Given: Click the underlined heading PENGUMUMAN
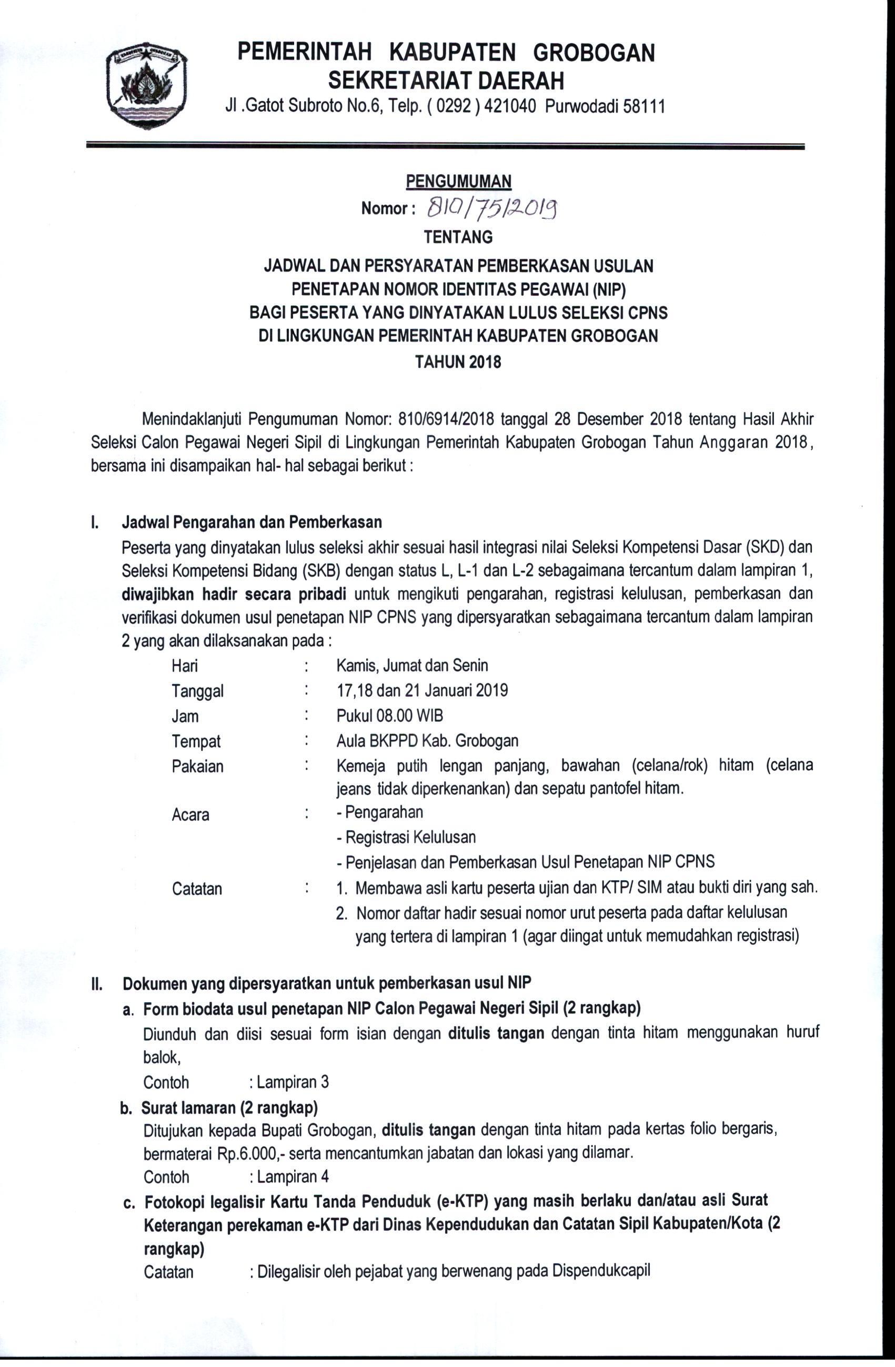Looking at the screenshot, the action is [x=458, y=182].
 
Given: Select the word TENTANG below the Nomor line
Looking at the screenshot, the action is [x=458, y=237].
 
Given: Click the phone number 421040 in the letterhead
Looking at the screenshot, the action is [x=511, y=107].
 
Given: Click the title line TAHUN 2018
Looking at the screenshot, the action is [x=458, y=362].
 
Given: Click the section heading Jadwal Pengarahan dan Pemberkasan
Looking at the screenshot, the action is [x=252, y=522].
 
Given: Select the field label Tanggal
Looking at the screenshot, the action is [x=197, y=690].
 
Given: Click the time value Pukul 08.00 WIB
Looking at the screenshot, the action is [x=389, y=716].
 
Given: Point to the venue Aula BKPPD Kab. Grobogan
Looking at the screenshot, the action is [x=427, y=741].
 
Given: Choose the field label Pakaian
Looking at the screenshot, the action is [x=197, y=766].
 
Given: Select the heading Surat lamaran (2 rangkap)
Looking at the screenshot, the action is [x=229, y=1107].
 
